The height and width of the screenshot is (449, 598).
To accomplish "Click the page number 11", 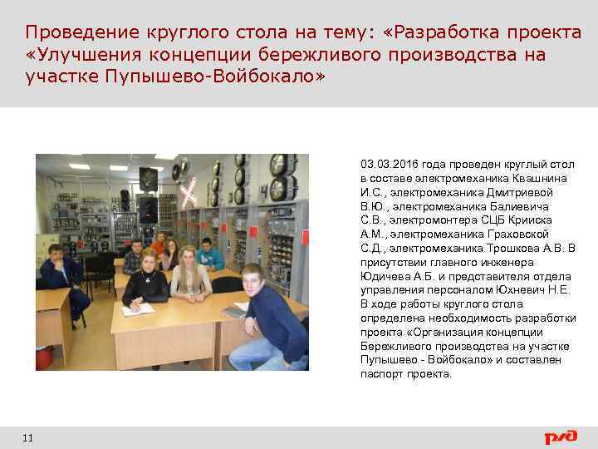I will tap(28, 437).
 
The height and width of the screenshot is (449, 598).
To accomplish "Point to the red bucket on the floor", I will tap(44, 358).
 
